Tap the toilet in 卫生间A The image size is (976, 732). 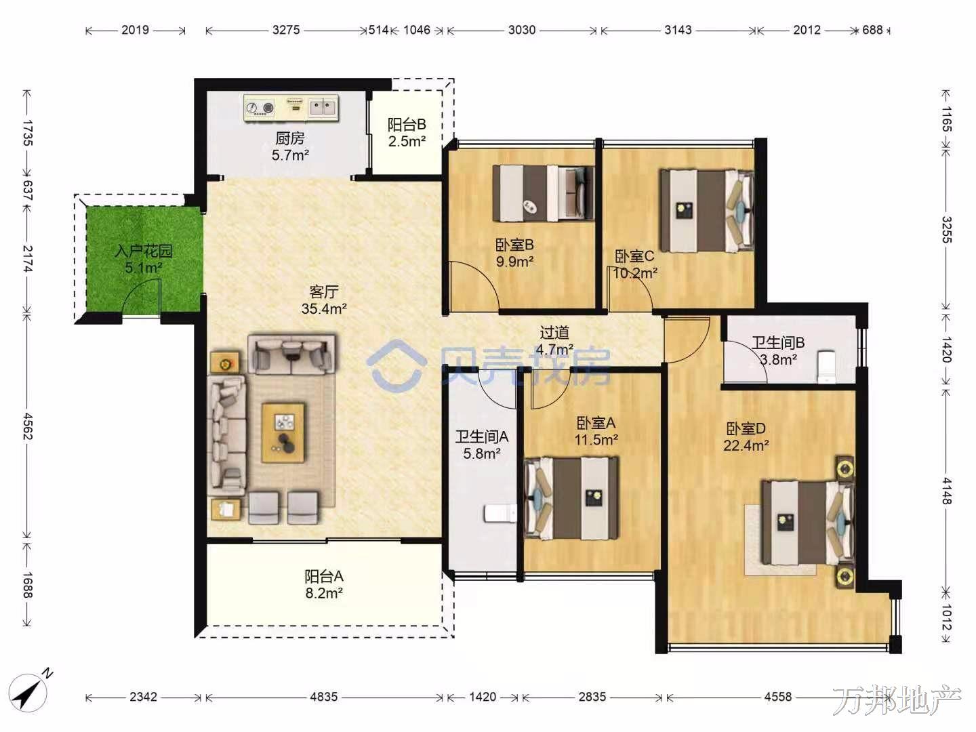click(x=500, y=514)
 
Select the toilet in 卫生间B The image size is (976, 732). click(x=827, y=367)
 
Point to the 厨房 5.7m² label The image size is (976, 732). click(x=290, y=146)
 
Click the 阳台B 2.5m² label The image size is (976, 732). click(x=407, y=132)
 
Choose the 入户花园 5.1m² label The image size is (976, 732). click(x=143, y=260)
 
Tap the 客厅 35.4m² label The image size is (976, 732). click(x=324, y=300)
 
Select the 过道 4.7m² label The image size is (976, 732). click(x=554, y=341)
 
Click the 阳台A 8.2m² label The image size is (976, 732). click(x=324, y=585)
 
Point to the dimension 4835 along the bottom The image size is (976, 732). click(x=324, y=697)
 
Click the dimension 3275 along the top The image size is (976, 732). click(x=286, y=30)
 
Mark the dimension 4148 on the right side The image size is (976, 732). click(x=945, y=491)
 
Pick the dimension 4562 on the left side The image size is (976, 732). click(x=28, y=426)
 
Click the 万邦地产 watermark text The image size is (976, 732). click(x=897, y=700)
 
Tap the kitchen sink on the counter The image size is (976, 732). click(x=323, y=107)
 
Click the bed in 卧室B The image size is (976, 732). click(x=544, y=193)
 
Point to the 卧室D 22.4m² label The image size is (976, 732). click(x=746, y=437)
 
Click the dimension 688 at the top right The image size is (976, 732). click(x=872, y=30)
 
